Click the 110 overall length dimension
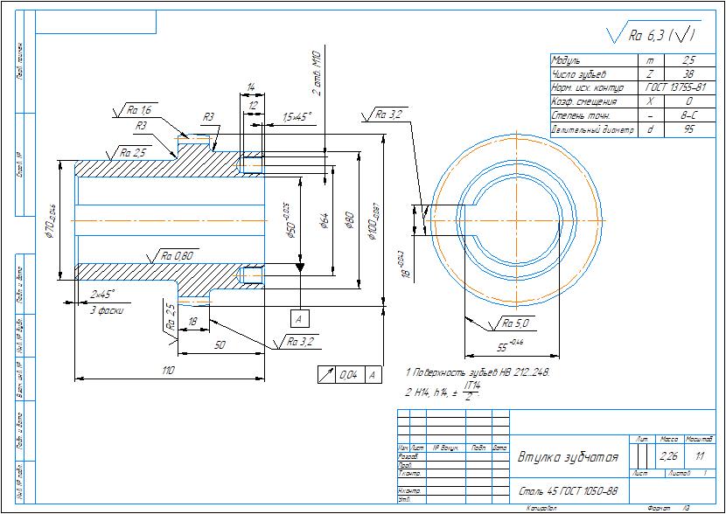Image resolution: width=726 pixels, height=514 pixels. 169,371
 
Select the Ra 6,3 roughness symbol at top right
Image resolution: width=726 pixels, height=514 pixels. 661,36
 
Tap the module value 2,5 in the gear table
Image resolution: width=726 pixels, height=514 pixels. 688,61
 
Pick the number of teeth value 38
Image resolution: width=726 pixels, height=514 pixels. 688,75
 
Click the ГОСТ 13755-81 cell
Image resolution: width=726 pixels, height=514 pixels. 676,88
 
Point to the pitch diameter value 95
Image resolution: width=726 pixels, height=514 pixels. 688,129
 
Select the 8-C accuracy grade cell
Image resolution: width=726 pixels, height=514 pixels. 688,115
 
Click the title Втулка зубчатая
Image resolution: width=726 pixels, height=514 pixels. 569,457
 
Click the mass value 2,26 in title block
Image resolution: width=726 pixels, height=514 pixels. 669,455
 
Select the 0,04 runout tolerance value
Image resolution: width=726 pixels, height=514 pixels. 349,375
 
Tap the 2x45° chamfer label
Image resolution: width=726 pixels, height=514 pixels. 102,294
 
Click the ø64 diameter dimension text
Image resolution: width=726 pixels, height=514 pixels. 323,220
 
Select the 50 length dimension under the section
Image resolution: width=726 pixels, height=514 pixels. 220,345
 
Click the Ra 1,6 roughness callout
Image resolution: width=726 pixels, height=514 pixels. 138,110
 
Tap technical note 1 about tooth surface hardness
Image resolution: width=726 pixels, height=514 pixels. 478,372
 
